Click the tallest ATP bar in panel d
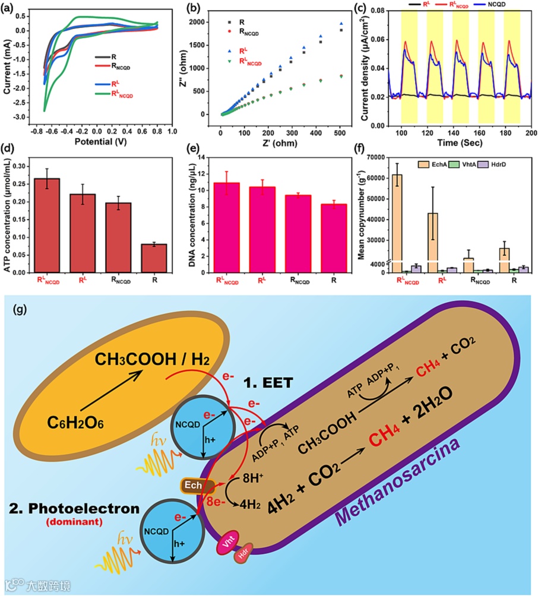click(47, 225)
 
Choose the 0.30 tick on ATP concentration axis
click(24, 166)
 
